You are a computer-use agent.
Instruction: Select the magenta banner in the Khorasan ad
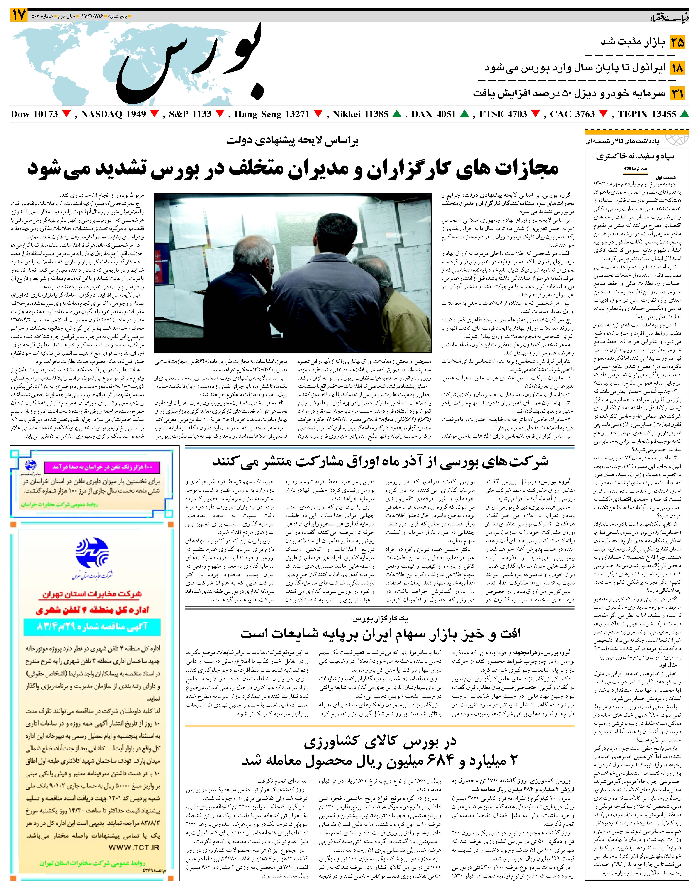[100, 467]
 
